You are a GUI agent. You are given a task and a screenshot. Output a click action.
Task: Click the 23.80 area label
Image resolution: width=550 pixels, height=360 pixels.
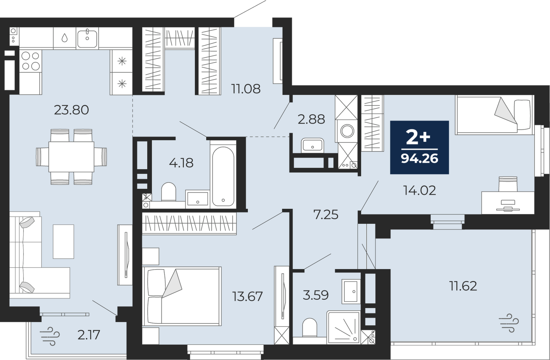tap(71, 110)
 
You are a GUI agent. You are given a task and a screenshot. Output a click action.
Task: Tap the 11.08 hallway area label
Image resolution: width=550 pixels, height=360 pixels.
tap(246, 89)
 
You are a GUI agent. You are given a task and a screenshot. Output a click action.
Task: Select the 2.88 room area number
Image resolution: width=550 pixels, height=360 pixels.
tap(311, 119)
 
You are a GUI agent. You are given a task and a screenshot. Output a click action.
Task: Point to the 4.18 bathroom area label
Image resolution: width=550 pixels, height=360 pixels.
tap(181, 163)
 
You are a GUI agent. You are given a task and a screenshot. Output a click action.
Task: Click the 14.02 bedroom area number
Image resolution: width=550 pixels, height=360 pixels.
tap(419, 190)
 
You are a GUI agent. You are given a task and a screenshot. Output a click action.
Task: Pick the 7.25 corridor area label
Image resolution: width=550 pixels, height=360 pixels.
tap(326, 215)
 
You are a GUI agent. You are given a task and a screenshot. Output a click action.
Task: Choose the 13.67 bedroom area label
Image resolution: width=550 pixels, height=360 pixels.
tap(248, 296)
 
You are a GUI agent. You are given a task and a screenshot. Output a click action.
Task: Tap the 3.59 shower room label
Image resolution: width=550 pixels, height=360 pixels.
tap(315, 295)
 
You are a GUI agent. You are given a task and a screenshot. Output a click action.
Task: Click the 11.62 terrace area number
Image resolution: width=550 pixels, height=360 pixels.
tap(463, 286)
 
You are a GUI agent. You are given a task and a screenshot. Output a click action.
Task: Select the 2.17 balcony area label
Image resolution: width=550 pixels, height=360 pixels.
tap(89, 335)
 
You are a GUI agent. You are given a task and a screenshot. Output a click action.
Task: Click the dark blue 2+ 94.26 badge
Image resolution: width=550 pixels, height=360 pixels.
tap(419, 147)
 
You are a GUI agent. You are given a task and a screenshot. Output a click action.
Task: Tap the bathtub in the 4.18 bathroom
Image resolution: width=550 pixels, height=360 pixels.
tap(223, 177)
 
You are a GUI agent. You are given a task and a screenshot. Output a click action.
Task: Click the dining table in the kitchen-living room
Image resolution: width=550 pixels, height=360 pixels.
tap(71, 157)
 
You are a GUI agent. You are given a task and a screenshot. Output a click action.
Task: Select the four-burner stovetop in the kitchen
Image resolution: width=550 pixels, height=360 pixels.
tap(31, 61)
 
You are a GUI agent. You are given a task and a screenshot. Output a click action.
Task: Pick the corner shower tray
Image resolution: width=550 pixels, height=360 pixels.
tap(343, 327)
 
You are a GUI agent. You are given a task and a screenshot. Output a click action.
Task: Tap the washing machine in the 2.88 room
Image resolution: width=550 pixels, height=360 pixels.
tap(346, 131)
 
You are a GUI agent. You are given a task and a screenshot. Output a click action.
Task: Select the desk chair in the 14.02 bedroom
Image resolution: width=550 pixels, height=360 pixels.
tap(508, 184)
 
